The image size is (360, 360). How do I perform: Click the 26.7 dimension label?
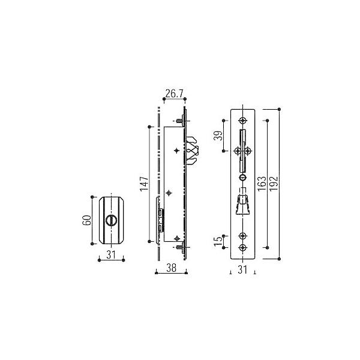coord(174,94)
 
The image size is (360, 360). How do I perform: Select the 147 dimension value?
coord(145,184)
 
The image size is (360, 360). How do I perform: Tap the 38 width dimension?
coord(171,268)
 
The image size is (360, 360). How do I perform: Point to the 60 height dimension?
coord(87,220)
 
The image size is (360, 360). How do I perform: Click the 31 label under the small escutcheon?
coord(111,254)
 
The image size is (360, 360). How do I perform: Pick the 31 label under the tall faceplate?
coord(242,269)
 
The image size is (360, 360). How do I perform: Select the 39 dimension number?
coord(218,136)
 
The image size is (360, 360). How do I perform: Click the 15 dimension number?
coord(218,241)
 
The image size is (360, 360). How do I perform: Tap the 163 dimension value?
coord(262,184)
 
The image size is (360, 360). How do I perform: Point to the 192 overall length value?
coord(274,184)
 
